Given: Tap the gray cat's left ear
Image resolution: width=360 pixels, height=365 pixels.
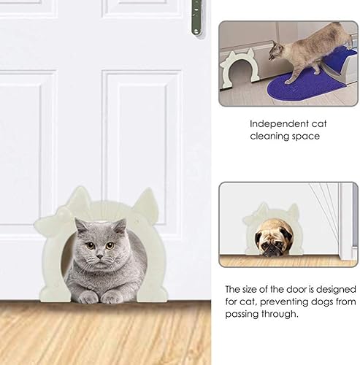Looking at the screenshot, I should tap(80, 223).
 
